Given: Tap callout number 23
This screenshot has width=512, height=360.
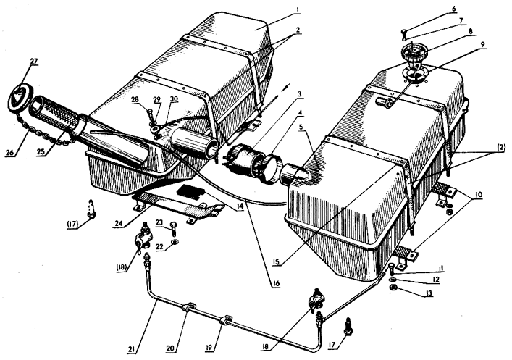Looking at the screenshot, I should [x=159, y=224].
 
